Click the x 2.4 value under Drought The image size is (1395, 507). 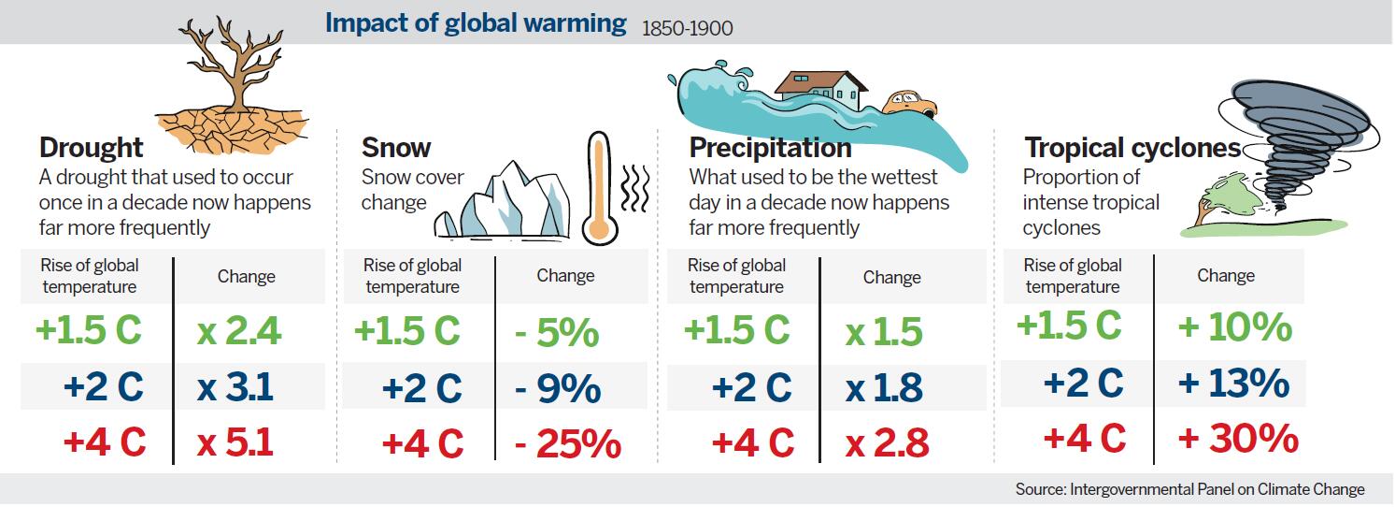239,331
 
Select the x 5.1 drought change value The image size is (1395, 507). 235,442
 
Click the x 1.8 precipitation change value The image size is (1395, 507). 884,387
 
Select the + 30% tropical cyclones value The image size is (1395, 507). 1238,439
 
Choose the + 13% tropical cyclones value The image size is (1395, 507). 1234,384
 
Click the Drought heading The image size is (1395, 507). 92,148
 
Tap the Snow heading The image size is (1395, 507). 396,148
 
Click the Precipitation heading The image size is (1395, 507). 770,148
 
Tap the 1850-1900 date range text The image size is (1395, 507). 687,28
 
